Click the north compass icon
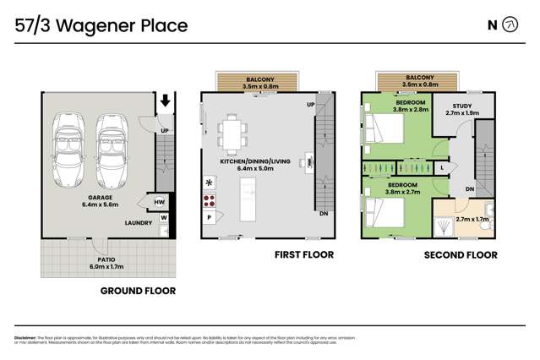pyautogui.click(x=509, y=25)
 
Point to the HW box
pyautogui.click(x=159, y=203)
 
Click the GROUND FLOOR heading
pyautogui.click(x=138, y=290)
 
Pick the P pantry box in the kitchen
pyautogui.click(x=208, y=217)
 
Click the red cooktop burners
pyautogui.click(x=209, y=201)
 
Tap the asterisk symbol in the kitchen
pyautogui.click(x=209, y=183)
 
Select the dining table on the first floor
pyautogui.click(x=232, y=134)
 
